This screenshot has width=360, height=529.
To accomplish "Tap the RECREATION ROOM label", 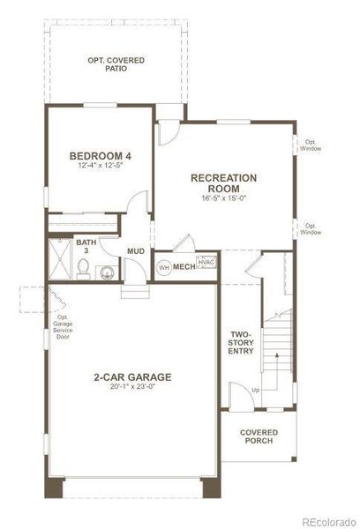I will [x=224, y=183].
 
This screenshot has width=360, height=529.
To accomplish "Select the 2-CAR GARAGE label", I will [x=132, y=377].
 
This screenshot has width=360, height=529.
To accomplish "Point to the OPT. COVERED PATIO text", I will [x=116, y=64].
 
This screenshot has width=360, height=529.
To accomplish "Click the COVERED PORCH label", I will [x=259, y=436].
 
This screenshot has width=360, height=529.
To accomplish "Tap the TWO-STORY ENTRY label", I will [x=242, y=343].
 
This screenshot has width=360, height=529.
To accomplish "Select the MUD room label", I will [x=136, y=251].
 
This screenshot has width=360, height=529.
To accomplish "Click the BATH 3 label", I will [x=86, y=246].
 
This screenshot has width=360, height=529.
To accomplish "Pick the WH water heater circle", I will [x=163, y=267].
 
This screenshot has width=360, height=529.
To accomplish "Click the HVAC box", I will [x=206, y=263].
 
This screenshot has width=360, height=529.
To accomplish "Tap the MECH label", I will [x=184, y=266].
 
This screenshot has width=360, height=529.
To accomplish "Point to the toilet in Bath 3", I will [x=106, y=272].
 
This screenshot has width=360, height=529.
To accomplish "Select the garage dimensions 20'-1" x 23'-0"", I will [x=132, y=387].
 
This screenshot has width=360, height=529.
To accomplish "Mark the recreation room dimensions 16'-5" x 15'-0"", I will [x=224, y=198].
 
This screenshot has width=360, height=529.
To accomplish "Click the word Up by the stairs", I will [x=256, y=389].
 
